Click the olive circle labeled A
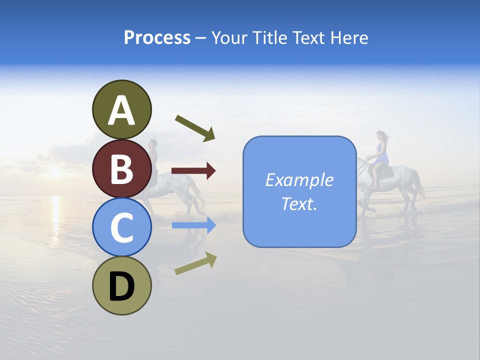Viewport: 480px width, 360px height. (121, 109)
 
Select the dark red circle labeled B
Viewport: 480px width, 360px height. (121, 168)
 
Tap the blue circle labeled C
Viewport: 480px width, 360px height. (121, 227)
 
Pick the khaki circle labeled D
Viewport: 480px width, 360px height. (121, 286)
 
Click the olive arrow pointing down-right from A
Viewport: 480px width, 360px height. (195, 128)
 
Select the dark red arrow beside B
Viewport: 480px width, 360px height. (193, 171)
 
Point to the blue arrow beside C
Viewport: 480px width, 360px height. (193, 225)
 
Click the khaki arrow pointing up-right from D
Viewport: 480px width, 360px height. (195, 263)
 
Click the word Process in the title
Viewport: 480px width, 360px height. (157, 37)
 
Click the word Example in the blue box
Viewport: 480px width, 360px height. (299, 180)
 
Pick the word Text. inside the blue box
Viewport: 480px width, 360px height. (299, 203)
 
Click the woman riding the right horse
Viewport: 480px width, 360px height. (381, 152)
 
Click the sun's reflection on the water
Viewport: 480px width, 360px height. (54, 210)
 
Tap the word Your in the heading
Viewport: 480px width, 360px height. (230, 37)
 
